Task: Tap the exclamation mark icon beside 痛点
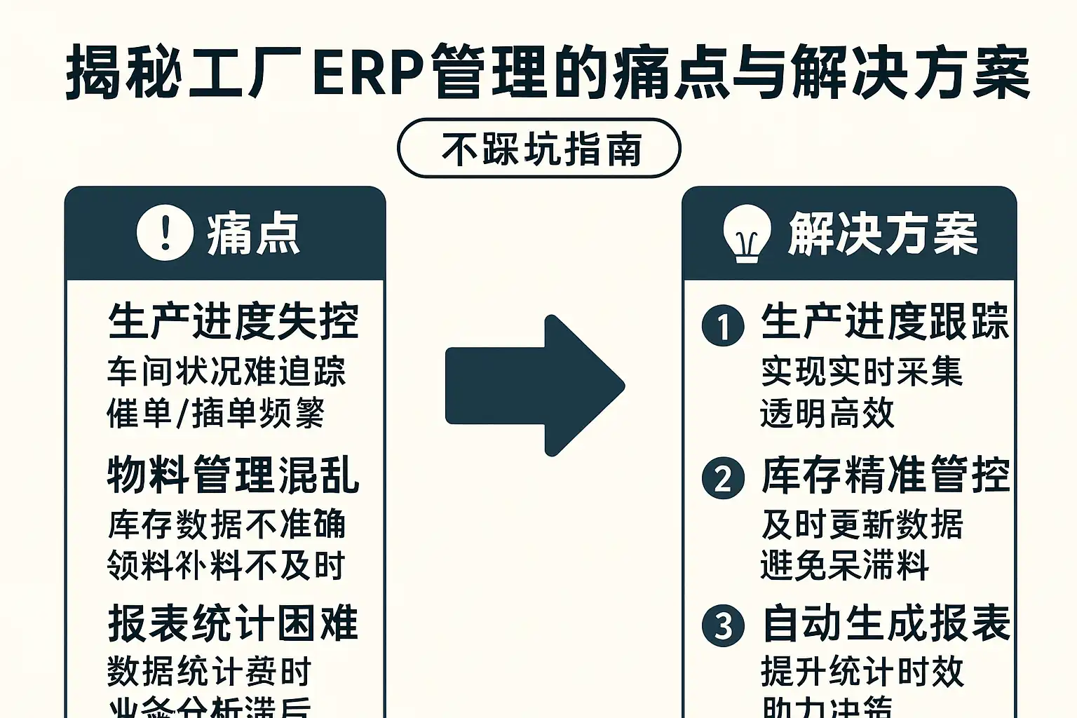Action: [x=165, y=233]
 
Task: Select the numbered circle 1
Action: [x=723, y=325]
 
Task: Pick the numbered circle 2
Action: [x=723, y=478]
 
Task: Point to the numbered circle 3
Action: [x=723, y=625]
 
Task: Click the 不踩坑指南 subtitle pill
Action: [x=538, y=149]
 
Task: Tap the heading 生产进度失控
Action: [x=233, y=322]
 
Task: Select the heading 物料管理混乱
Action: [x=233, y=475]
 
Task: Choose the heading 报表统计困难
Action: [x=233, y=623]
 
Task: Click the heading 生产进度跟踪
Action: [x=885, y=322]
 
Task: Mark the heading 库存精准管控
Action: [x=885, y=475]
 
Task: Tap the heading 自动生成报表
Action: [x=885, y=623]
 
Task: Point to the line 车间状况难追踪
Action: [x=226, y=372]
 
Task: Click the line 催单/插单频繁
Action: [x=215, y=413]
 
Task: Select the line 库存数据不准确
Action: [x=226, y=524]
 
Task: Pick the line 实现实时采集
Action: [x=862, y=372]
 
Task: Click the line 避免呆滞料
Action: [x=845, y=565]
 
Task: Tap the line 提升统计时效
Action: [x=862, y=672]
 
